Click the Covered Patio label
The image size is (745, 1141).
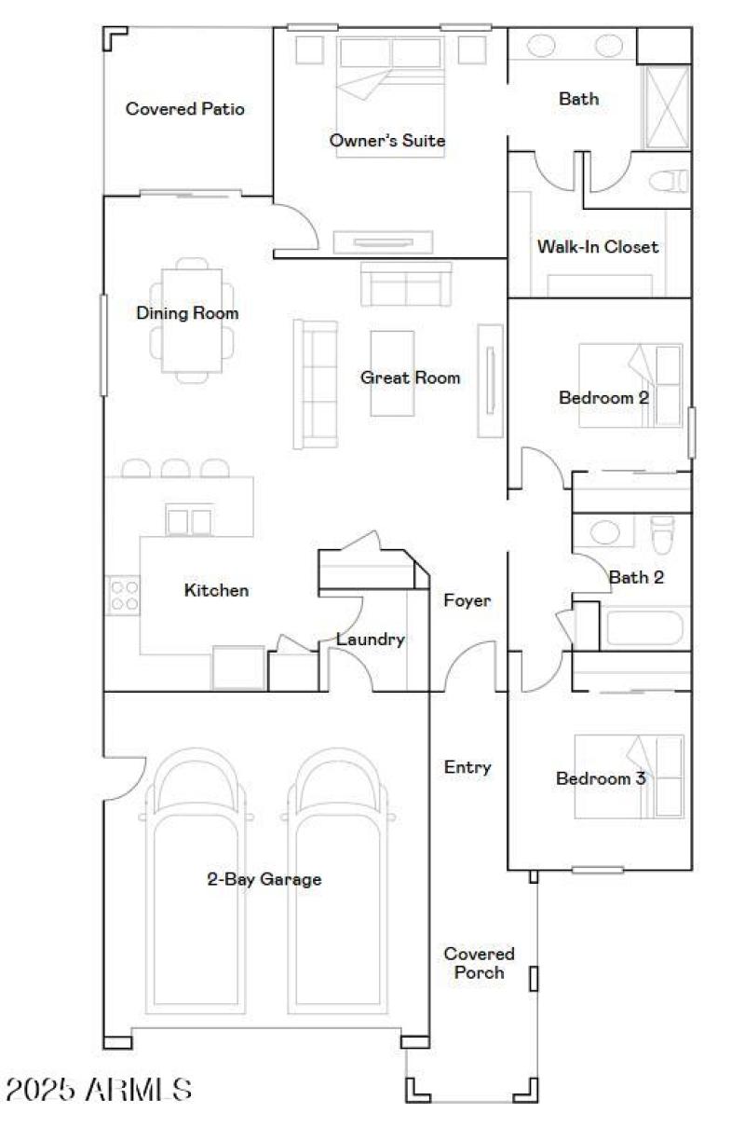point(185,109)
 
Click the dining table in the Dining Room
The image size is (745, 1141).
point(192,320)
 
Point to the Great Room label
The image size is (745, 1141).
point(411,378)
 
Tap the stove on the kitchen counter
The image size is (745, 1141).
point(124,595)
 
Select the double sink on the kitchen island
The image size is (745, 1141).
point(189,520)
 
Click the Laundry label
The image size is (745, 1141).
point(370,639)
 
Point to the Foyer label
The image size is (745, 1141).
point(467,601)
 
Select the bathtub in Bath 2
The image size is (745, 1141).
point(645,627)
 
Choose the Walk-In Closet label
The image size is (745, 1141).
point(597,247)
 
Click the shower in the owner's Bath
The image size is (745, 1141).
point(667,106)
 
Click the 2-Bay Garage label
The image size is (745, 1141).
point(264,879)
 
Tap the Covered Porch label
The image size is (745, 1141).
point(479,963)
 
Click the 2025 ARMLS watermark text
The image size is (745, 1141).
point(99,1089)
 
